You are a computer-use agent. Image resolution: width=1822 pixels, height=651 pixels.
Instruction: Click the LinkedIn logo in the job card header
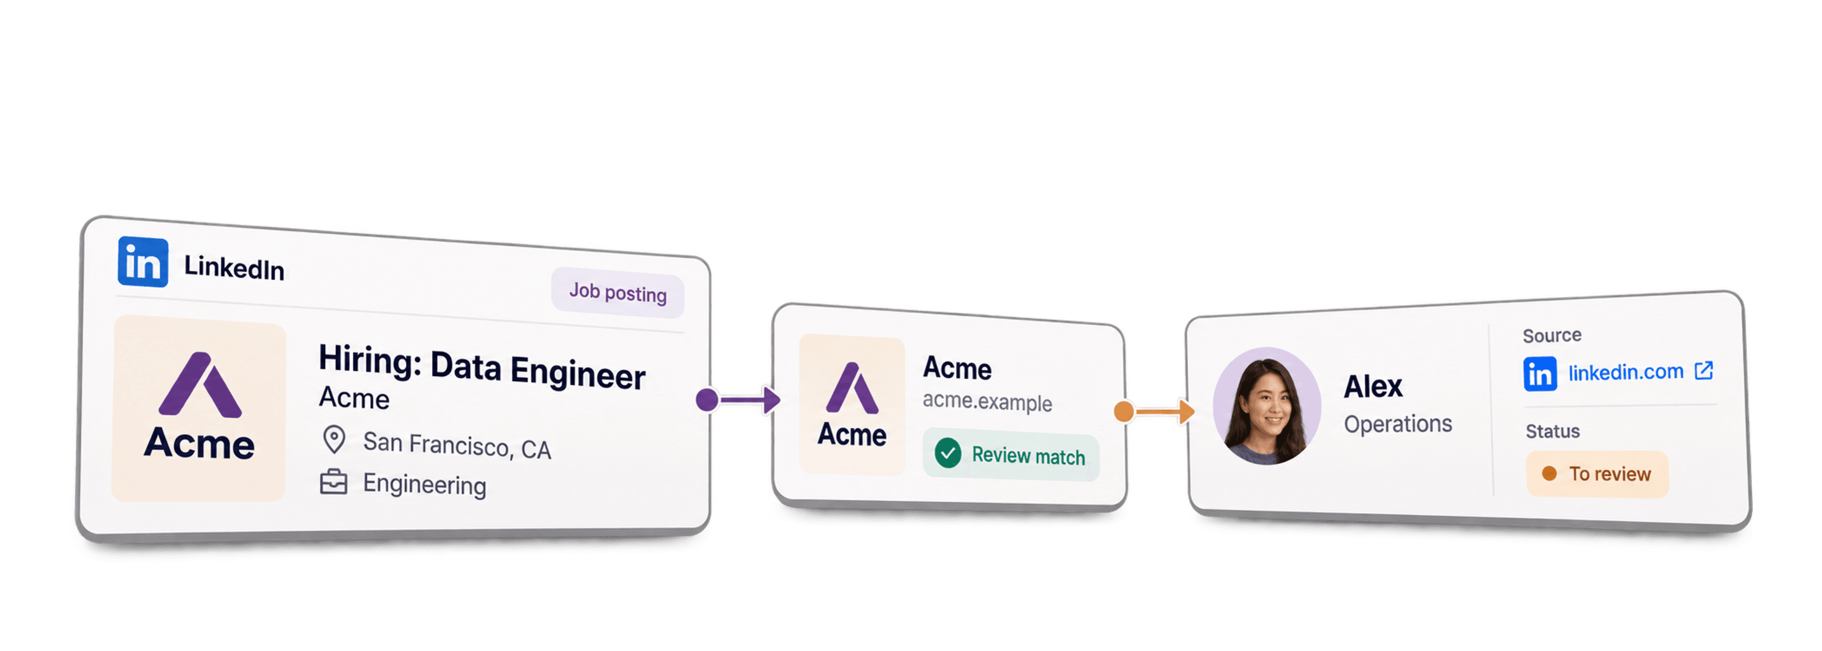pyautogui.click(x=143, y=262)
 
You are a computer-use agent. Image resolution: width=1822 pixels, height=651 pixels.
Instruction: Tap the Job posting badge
pyautogui.click(x=617, y=293)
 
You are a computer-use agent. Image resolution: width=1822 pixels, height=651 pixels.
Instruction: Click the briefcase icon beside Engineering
pyautogui.click(x=334, y=482)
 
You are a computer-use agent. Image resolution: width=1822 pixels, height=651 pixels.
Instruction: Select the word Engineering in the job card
pyautogui.click(x=425, y=484)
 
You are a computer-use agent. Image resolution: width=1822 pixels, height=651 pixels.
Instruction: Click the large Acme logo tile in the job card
pyautogui.click(x=199, y=408)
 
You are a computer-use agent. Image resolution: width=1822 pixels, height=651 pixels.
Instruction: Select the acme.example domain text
pyautogui.click(x=987, y=401)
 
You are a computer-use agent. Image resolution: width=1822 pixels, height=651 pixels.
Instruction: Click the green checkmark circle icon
pyautogui.click(x=948, y=453)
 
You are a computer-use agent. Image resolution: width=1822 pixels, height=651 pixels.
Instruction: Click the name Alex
pyautogui.click(x=1373, y=387)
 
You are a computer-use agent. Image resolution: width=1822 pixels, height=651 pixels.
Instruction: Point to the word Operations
pyautogui.click(x=1397, y=424)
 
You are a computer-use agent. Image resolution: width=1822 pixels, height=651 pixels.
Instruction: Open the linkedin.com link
pyautogui.click(x=1625, y=372)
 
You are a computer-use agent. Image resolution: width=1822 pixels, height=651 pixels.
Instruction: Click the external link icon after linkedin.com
pyautogui.click(x=1704, y=370)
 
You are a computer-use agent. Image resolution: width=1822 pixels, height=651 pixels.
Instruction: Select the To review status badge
pyautogui.click(x=1597, y=473)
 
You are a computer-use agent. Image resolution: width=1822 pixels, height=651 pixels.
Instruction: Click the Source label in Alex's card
pyautogui.click(x=1552, y=335)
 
